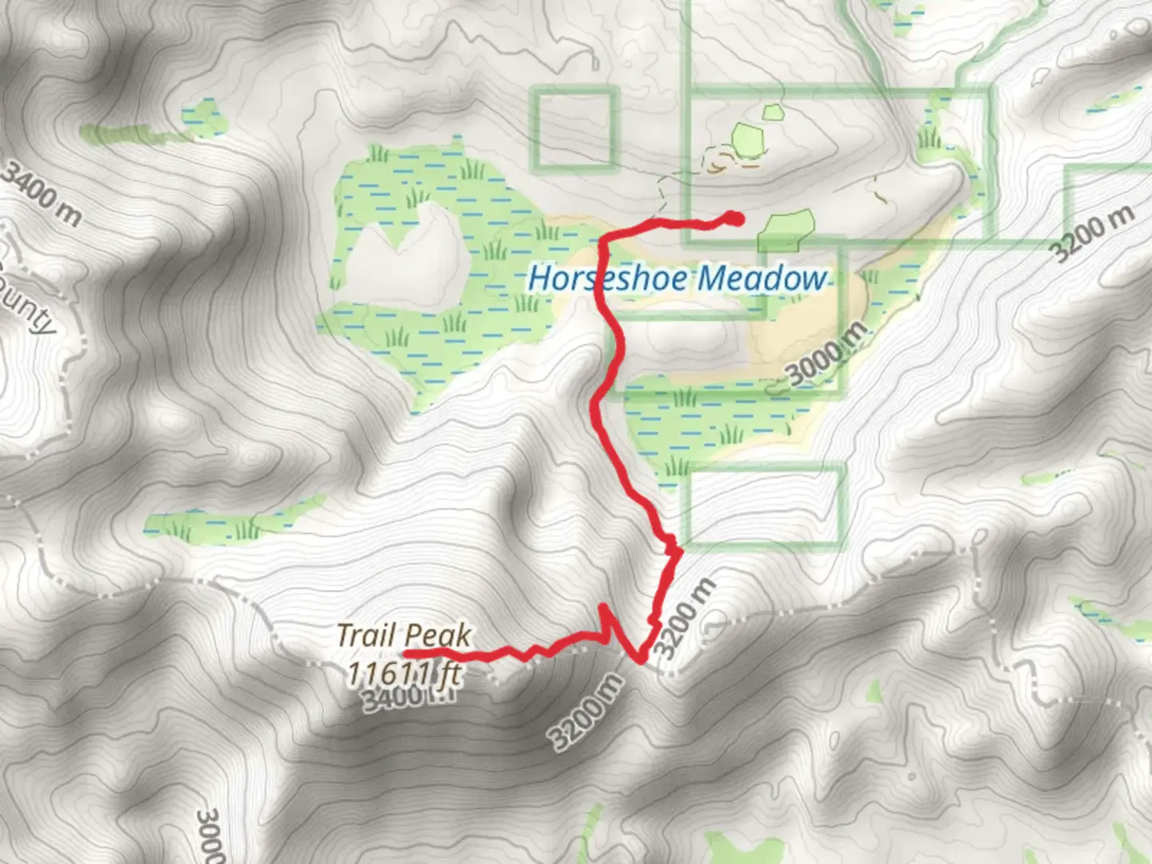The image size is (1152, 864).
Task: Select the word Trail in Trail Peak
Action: (x=366, y=636)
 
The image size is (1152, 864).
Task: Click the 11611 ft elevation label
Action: (x=404, y=672)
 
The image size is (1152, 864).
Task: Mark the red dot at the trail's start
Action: (x=734, y=218)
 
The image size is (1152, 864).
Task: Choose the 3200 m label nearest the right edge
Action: (x=1093, y=233)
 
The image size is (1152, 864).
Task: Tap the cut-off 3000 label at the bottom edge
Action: (x=210, y=836)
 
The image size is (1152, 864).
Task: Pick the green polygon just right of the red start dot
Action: (x=786, y=227)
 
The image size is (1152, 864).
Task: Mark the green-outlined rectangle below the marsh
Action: (x=765, y=506)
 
